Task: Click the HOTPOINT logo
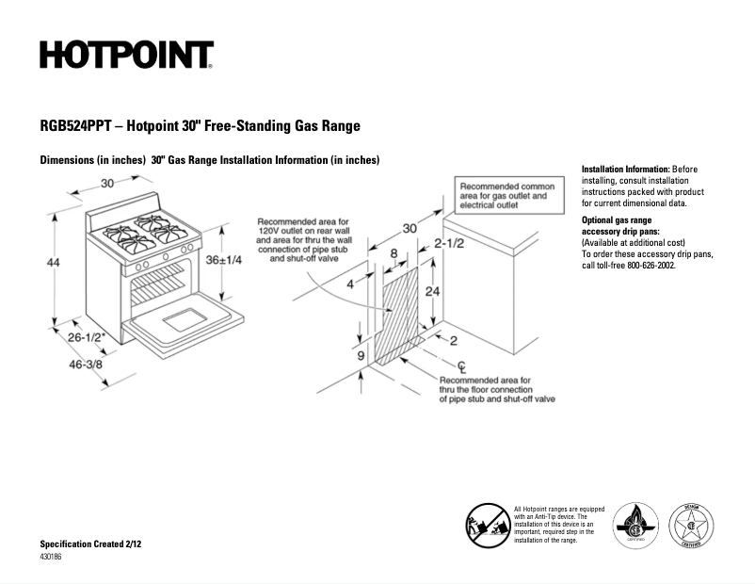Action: [x=126, y=56]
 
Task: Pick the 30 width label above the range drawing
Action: [x=108, y=184]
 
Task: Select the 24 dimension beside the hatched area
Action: [x=432, y=292]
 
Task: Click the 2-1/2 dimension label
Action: [x=448, y=244]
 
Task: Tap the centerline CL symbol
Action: [x=461, y=366]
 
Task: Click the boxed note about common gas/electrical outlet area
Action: [x=506, y=194]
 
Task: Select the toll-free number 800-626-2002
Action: [x=645, y=266]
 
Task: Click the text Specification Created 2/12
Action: [x=90, y=544]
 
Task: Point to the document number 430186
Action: [x=53, y=557]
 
